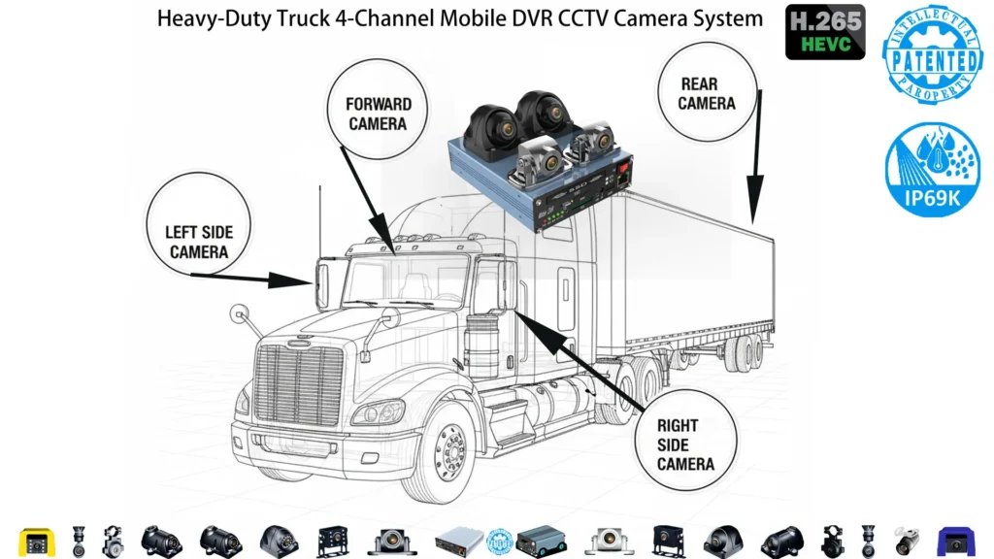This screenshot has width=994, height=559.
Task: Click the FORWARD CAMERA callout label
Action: pos(379,113)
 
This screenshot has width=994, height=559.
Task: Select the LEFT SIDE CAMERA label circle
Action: pos(198,242)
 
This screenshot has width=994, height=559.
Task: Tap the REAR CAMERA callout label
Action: pos(707,94)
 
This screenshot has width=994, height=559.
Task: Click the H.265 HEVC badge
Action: pos(824,32)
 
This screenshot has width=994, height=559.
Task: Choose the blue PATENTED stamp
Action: pos(931,59)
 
